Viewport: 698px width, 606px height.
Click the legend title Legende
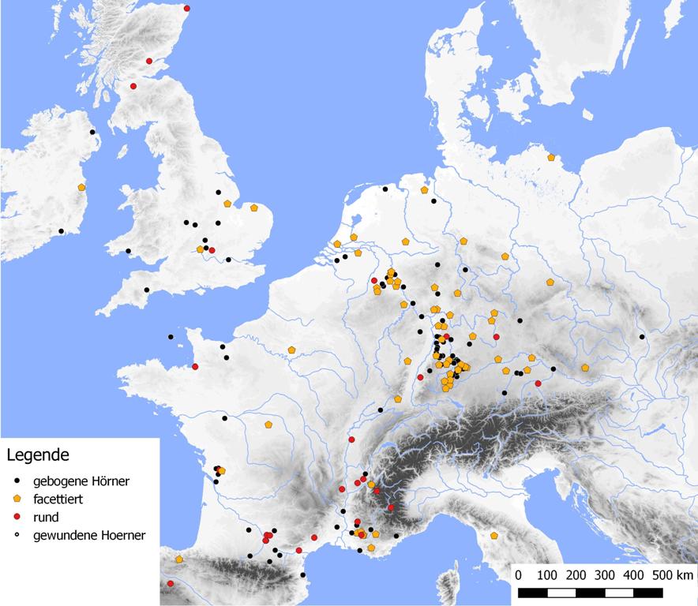(x=38, y=454)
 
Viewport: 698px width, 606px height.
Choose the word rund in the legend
(x=46, y=518)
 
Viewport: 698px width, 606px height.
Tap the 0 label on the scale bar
(x=518, y=574)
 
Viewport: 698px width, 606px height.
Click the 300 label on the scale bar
(x=606, y=574)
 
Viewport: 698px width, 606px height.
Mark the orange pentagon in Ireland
(x=81, y=187)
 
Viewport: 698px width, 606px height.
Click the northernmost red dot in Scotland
(x=187, y=9)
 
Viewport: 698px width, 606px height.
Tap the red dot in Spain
(x=171, y=584)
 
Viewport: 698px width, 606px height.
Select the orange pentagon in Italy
(x=494, y=536)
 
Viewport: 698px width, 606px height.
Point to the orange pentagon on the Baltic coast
(x=551, y=157)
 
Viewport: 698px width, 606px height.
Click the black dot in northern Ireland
(x=92, y=132)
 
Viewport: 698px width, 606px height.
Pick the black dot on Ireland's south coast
(x=62, y=231)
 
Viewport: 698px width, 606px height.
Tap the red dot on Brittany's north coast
(x=195, y=366)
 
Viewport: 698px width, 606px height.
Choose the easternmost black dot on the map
(x=642, y=337)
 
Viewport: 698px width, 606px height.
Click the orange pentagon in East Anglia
(x=254, y=208)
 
